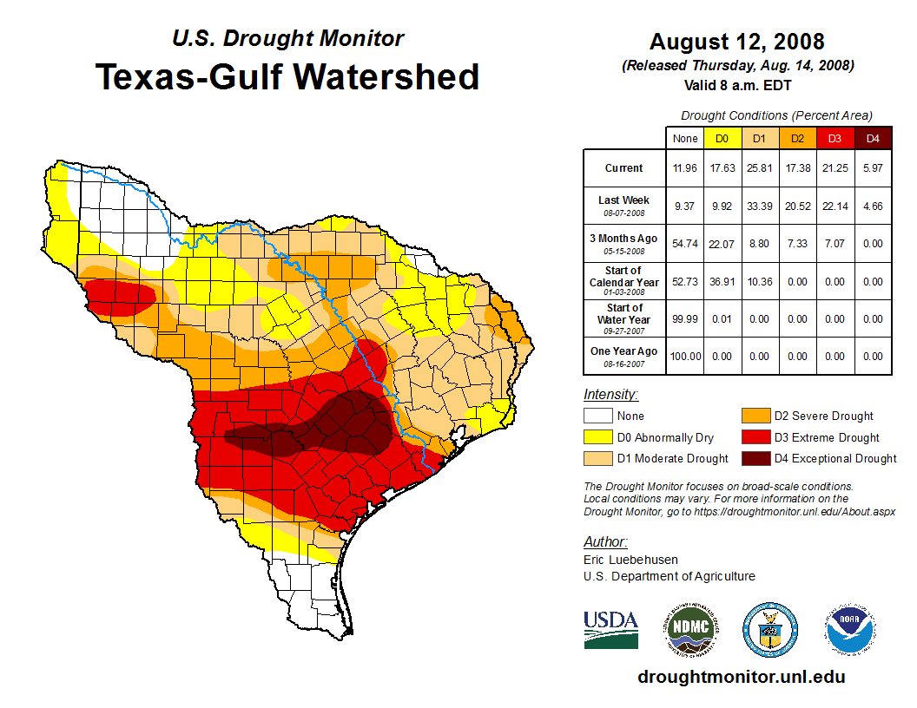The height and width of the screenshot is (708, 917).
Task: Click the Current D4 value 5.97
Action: pyautogui.click(x=872, y=168)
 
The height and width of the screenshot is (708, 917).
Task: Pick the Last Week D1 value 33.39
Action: pyautogui.click(x=758, y=206)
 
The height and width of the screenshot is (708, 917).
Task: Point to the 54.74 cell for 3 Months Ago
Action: pyautogui.click(x=685, y=245)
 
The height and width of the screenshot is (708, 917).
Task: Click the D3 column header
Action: pyautogui.click(x=834, y=139)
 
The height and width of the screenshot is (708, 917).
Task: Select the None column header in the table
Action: pyautogui.click(x=685, y=139)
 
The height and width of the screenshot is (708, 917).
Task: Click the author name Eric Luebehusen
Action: pyautogui.click(x=630, y=560)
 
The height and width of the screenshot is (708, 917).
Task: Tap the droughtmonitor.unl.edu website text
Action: pyautogui.click(x=741, y=677)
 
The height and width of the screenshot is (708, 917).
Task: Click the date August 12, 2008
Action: pyautogui.click(x=737, y=42)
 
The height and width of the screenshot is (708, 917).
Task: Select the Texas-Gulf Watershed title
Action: pyautogui.click(x=287, y=76)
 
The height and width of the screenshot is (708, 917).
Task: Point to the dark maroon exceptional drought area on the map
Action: pyautogui.click(x=339, y=425)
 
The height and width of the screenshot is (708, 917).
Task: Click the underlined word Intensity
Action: pyautogui.click(x=610, y=395)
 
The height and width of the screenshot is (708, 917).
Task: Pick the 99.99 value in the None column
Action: pyautogui.click(x=685, y=319)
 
